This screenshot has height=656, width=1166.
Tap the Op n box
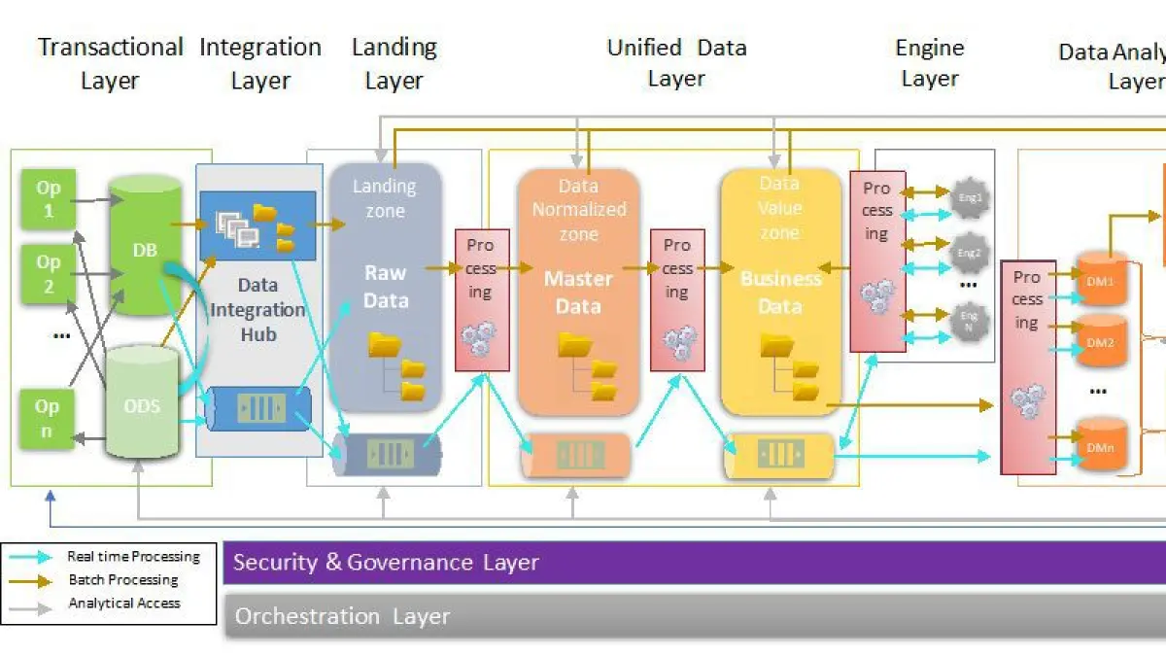[x=47, y=419]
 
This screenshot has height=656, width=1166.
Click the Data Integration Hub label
[x=257, y=309]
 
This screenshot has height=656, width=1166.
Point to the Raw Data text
[x=386, y=287]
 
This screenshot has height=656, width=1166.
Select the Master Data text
[x=578, y=293]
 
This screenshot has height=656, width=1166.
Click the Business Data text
[x=780, y=293]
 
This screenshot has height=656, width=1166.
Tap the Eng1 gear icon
[x=970, y=197]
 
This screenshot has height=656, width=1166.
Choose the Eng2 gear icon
[x=970, y=253]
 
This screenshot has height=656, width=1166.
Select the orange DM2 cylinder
[x=1101, y=343]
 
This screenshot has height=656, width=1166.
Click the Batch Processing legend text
[x=123, y=580]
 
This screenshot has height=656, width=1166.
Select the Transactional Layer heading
[x=110, y=63]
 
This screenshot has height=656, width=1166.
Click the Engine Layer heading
[x=930, y=63]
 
